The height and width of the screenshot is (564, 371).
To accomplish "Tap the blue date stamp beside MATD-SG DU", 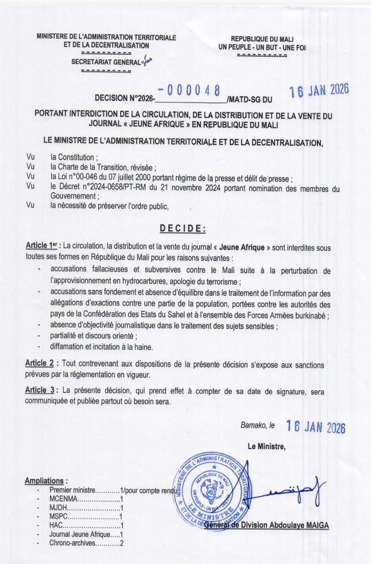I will pos(319,91).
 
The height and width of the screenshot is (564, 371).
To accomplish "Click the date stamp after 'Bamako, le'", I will pos(316,427).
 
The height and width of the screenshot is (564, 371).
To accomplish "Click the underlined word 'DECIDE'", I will pos(182,228).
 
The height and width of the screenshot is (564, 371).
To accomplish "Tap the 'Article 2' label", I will pos(41,363).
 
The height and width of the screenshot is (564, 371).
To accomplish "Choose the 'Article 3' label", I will pos(41,390).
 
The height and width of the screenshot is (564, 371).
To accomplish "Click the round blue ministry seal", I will pos(214,490).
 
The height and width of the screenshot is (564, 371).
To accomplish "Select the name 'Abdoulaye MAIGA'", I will pos(298,525).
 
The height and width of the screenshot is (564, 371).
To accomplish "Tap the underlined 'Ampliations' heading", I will pos(47,481).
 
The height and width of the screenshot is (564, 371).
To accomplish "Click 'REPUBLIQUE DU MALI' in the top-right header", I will pos(262,39).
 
